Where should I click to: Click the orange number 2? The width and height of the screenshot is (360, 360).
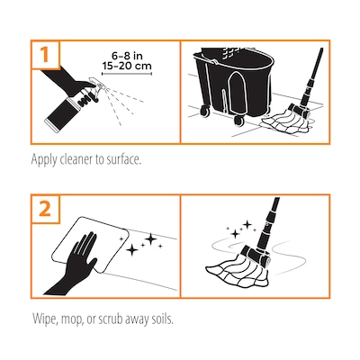45,209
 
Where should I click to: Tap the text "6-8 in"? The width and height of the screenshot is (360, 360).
127,56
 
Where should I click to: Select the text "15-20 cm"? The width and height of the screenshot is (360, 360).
127,66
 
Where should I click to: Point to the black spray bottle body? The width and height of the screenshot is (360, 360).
64,112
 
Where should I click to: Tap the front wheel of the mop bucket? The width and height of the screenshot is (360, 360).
239,121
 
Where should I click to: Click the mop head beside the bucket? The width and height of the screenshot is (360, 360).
286,122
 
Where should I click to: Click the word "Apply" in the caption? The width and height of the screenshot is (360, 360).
44,160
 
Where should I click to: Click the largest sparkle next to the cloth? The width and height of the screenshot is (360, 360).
151,238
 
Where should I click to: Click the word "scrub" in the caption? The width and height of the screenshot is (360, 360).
113,319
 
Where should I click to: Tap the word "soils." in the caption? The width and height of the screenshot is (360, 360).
162,319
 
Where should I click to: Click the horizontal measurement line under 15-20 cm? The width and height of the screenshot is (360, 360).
127,74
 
